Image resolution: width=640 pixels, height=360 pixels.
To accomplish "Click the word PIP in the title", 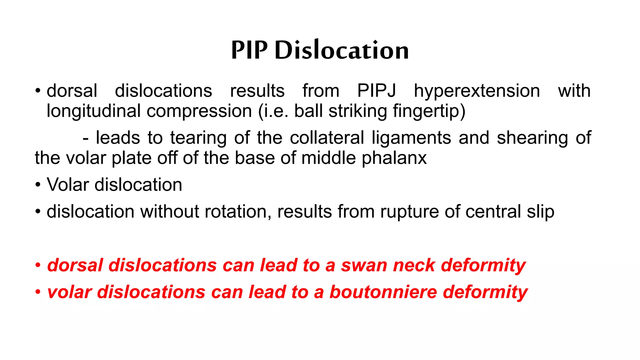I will point(249,50).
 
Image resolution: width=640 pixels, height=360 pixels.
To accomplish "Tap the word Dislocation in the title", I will point(342,50).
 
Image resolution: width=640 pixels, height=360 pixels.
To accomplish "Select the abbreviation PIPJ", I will point(377,91).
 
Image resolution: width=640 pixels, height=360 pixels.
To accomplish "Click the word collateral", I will point(327,138).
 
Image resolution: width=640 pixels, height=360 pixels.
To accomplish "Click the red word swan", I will point(364,265).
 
